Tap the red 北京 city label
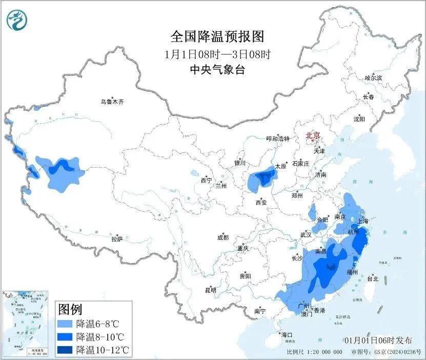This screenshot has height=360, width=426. (x=313, y=135)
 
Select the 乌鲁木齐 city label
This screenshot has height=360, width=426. (x=112, y=102)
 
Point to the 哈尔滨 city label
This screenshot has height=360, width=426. (x=373, y=78)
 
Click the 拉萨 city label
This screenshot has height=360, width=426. (x=117, y=239)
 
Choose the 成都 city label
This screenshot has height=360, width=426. (x=223, y=237)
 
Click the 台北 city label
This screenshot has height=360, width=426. (x=373, y=279)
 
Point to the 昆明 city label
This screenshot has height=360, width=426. (x=211, y=290)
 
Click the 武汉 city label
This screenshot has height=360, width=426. (x=306, y=235)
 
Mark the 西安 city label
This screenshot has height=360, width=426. (x=260, y=203)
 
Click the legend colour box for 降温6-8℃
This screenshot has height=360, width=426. (x=65, y=324)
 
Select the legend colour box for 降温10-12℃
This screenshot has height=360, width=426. (x=65, y=350)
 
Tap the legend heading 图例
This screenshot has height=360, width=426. (x=70, y=310)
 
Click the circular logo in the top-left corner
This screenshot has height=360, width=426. (x=17, y=20)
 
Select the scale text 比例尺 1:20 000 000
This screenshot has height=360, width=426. (x=314, y=352)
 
